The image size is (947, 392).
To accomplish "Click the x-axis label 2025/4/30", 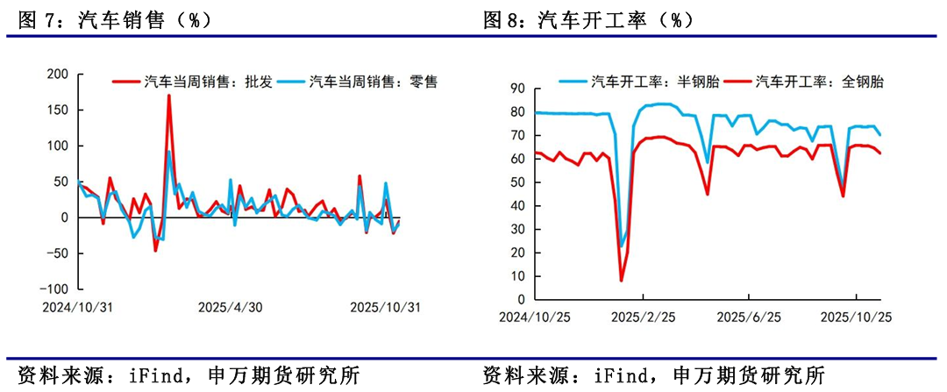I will click(x=231, y=307).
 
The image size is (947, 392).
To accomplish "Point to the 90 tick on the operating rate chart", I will click(x=516, y=89).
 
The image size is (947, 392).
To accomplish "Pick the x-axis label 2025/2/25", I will click(x=642, y=317).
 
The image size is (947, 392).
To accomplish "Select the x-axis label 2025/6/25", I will click(x=748, y=317).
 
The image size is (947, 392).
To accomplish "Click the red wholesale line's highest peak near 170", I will click(x=168, y=96).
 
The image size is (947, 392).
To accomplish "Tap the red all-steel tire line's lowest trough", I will click(x=622, y=281).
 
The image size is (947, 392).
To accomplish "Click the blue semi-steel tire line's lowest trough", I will click(x=622, y=246).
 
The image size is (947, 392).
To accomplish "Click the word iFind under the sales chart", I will click(x=167, y=376).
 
